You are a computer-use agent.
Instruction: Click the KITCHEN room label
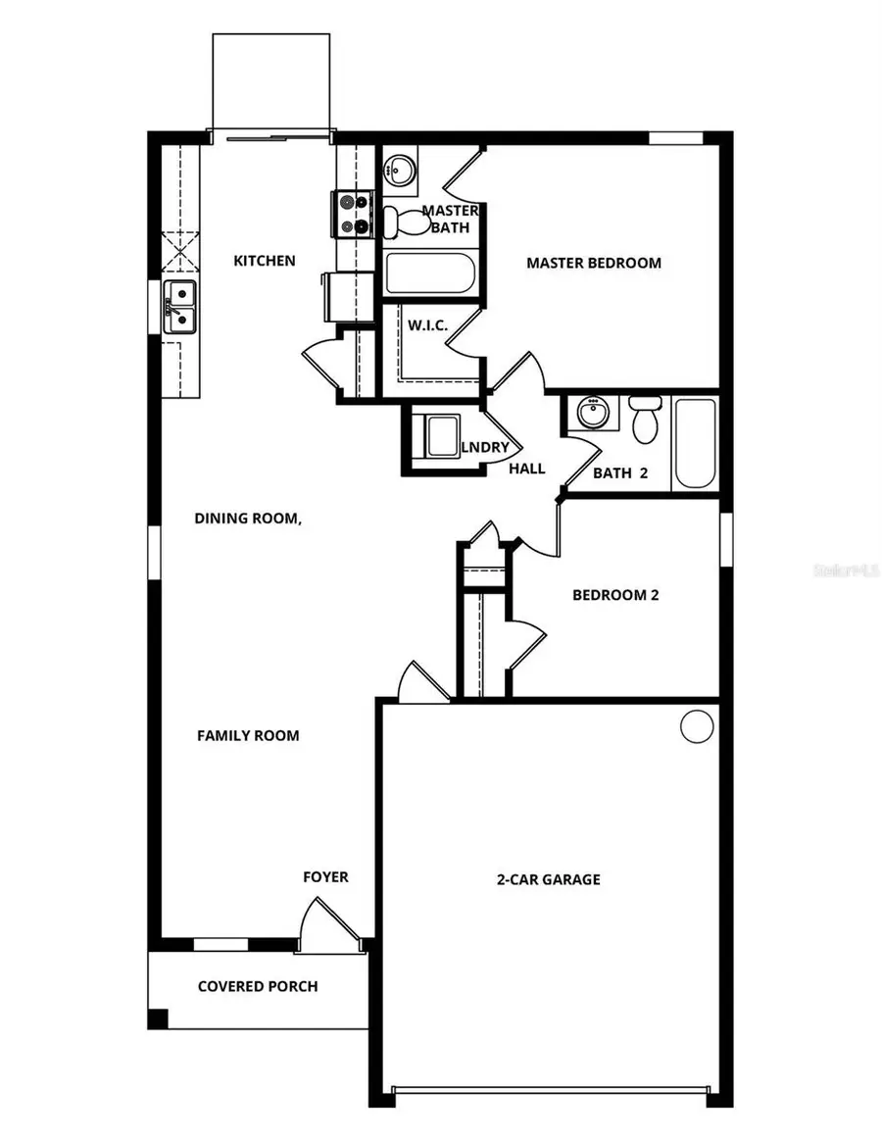coord(264,261)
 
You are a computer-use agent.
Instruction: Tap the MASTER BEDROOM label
coord(593,263)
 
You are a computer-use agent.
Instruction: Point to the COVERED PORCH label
coord(258,986)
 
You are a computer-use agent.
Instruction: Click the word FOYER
coord(325,876)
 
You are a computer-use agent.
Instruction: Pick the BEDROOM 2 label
coord(615,595)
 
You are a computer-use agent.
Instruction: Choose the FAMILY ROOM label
coord(248,735)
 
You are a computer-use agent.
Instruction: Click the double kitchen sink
coord(180,306)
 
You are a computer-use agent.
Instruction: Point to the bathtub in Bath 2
coord(696,443)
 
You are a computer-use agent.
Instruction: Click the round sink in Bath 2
coord(591,414)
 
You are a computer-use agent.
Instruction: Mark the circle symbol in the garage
coord(697,726)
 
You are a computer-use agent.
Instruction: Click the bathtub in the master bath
coord(429,273)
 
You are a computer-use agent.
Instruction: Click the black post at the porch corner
coord(158,1018)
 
